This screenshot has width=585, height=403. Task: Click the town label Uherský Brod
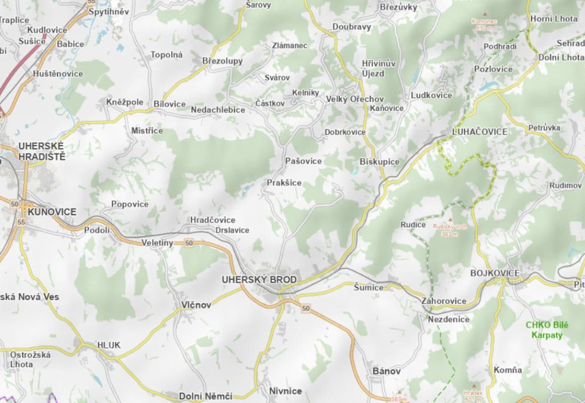(x=259, y=280)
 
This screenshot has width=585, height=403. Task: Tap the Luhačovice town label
(x=480, y=132)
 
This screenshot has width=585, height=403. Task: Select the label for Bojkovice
(x=494, y=273)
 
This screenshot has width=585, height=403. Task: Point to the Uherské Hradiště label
(x=42, y=151)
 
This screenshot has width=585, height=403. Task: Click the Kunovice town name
(x=52, y=212)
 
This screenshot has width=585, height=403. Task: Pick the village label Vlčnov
(x=196, y=305)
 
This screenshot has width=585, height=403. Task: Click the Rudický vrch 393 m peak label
(x=450, y=230)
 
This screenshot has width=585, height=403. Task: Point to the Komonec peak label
(x=484, y=24)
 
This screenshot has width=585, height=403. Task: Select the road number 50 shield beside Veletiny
(x=189, y=243)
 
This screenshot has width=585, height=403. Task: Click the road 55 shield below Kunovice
(x=21, y=222)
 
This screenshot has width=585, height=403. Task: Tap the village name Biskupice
(x=380, y=162)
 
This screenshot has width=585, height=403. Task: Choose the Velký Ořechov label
(x=355, y=99)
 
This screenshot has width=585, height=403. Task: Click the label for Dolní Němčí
(x=206, y=396)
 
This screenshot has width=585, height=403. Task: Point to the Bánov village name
(x=387, y=371)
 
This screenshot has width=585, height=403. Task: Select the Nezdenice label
(x=449, y=319)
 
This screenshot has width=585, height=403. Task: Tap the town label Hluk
(x=109, y=346)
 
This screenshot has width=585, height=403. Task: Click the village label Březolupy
(x=223, y=61)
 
